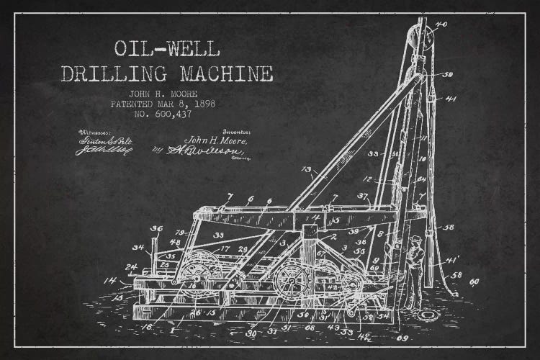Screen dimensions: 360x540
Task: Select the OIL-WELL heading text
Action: pyautogui.click(x=167, y=49)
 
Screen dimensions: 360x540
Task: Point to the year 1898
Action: pyautogui.click(x=202, y=104)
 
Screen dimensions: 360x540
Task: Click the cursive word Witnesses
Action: pyautogui.click(x=94, y=132)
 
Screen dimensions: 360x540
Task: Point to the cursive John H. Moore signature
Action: pyautogui.click(x=216, y=140)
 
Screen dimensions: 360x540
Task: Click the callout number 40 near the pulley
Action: pyautogui.click(x=441, y=24)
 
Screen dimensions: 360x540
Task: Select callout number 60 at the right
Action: pyautogui.click(x=474, y=282)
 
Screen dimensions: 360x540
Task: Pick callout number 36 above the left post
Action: pyautogui.click(x=156, y=229)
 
